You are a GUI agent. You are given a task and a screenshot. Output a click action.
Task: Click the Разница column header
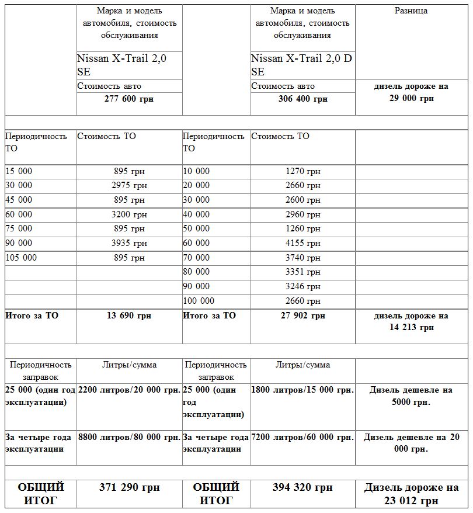pos(411,11)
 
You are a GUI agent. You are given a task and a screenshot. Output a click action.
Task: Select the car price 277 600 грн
pos(129,99)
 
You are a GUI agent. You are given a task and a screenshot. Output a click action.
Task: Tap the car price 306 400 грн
pos(303,99)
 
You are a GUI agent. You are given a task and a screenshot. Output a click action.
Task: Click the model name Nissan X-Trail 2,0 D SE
pos(301,65)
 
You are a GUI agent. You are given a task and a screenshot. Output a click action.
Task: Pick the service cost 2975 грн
pos(129,186)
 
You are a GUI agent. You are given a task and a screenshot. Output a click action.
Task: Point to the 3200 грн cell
pos(129,214)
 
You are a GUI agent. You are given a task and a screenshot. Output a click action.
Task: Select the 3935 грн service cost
pos(129,243)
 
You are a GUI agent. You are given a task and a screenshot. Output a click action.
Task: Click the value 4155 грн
pos(303,243)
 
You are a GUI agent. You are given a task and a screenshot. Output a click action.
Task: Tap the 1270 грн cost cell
pos(303,172)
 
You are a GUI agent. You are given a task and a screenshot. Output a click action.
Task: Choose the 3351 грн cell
pos(303,272)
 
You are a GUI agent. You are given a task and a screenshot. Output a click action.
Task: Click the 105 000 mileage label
pos(21,258)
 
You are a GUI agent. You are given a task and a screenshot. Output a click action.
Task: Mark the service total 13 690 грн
pos(129,316)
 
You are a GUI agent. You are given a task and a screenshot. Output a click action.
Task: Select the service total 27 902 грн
pos(303,316)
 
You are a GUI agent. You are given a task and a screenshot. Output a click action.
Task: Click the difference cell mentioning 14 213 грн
pos(411,322)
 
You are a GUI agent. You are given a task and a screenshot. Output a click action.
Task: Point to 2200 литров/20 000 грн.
pos(129,390)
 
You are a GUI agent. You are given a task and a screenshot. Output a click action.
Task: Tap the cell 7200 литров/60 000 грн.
pos(302,438)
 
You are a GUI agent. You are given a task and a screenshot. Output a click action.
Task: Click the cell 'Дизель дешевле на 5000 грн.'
pos(411,396)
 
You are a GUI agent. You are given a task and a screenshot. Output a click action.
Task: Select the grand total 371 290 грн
pos(129,487)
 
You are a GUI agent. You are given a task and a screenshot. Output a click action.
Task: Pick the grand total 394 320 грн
pos(302,487)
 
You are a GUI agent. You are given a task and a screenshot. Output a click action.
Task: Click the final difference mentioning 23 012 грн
pos(411,494)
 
